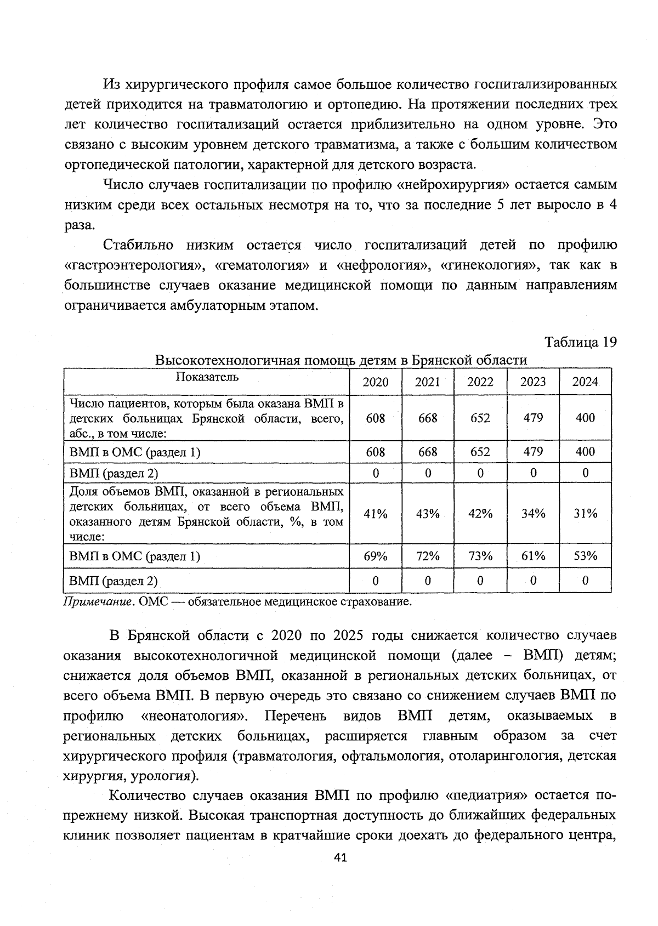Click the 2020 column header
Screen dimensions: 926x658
click(375, 382)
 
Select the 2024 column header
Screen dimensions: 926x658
click(585, 382)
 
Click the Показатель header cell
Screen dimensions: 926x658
click(207, 377)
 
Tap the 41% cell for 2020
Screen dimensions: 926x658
click(375, 514)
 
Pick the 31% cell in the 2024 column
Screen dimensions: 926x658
click(585, 514)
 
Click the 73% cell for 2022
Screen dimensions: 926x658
click(480, 556)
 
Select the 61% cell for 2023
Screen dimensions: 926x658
click(532, 556)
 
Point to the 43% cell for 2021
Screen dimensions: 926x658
click(427, 514)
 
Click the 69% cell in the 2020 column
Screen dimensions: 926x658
click(375, 556)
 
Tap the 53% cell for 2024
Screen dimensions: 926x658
click(585, 556)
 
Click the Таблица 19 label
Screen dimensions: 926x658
click(580, 342)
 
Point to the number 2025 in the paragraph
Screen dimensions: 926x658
click(348, 636)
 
